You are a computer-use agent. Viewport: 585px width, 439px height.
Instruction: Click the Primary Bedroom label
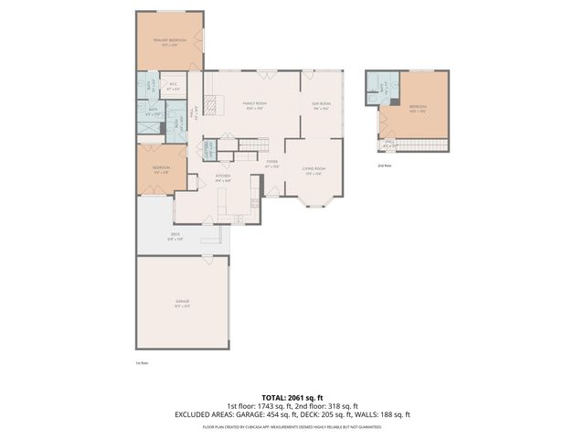(x=169, y=42)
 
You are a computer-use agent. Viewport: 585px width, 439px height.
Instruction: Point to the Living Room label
(x=314, y=169)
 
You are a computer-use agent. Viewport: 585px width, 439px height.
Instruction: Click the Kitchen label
(x=222, y=177)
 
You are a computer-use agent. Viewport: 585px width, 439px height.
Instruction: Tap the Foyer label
(x=271, y=164)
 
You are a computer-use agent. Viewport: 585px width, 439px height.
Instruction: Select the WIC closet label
(x=173, y=87)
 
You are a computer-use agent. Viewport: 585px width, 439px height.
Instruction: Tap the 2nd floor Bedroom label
(x=417, y=108)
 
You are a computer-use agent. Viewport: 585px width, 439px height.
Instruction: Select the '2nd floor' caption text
(x=385, y=166)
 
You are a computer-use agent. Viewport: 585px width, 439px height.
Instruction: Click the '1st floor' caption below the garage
(x=142, y=363)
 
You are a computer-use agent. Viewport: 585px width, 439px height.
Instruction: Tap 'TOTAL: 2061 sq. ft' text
(x=292, y=398)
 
